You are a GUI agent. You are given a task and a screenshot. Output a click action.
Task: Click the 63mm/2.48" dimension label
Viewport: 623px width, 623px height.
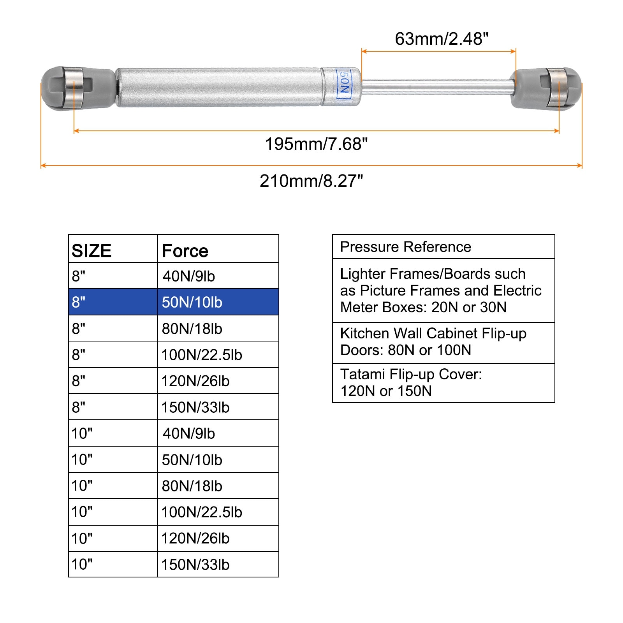[x=442, y=39]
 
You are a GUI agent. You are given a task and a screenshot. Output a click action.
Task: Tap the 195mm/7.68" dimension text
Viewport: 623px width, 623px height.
[x=316, y=144]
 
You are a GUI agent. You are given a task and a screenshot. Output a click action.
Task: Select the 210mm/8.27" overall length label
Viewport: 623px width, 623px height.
[x=311, y=181]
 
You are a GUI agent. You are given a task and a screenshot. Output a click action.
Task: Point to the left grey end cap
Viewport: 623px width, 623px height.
[x=78, y=88]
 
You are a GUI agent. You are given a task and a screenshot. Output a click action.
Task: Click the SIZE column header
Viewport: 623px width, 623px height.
[x=92, y=251]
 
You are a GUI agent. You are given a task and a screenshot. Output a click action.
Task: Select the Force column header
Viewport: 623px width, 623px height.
[x=185, y=251]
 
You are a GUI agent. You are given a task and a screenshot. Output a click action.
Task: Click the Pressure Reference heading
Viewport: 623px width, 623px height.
[x=406, y=247]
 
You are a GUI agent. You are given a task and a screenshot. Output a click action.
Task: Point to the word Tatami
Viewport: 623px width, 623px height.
[x=363, y=374]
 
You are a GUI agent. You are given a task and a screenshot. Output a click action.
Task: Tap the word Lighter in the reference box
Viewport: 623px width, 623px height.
[x=363, y=274]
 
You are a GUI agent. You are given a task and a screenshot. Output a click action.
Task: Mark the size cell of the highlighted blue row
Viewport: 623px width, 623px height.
[x=113, y=302]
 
